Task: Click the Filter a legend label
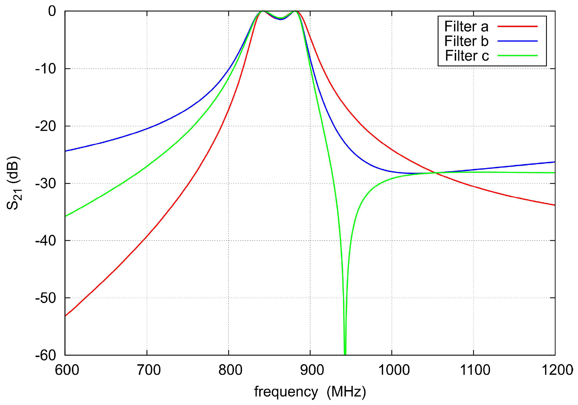pos(466,27)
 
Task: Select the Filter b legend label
pos(466,41)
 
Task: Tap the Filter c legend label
pos(467,56)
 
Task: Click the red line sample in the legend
pos(517,27)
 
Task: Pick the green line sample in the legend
pos(517,56)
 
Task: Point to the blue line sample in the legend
pos(517,41)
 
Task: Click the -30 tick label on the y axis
pos(46,183)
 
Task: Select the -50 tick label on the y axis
pos(46,298)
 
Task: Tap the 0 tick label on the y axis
pos(52,11)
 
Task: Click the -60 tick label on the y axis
pos(46,355)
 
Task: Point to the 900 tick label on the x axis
pos(312,370)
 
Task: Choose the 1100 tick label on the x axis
pos(475,370)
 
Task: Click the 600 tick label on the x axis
pos(67,370)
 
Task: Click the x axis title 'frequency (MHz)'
pos(310,392)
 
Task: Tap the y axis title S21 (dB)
pos(13,183)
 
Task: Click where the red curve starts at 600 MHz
pos(65,316)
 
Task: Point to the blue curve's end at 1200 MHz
pos(555,162)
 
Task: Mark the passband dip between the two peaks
pos(281,19)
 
